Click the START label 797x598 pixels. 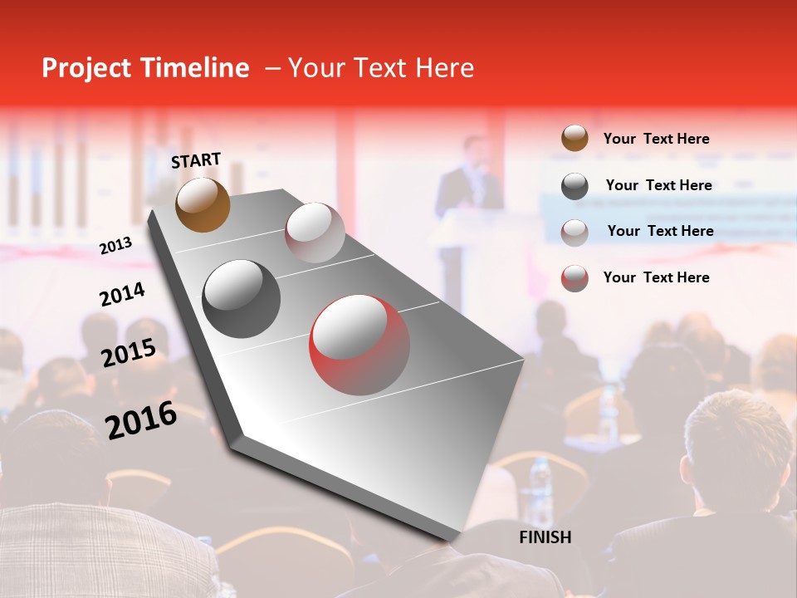tap(196, 160)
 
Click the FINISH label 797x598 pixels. tap(545, 537)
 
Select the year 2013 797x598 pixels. tap(115, 245)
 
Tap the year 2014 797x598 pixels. tap(122, 295)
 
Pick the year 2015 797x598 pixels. tap(128, 353)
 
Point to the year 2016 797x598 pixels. tap(141, 419)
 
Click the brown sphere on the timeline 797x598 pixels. tap(203, 204)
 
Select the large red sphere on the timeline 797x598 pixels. tap(359, 345)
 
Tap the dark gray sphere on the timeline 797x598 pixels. tap(242, 299)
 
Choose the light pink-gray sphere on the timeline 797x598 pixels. tap(315, 233)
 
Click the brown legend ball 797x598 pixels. tap(575, 139)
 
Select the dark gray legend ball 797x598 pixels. tap(575, 186)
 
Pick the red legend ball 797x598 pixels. tap(575, 278)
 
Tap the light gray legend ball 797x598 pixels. tap(575, 232)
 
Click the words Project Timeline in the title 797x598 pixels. tap(145, 68)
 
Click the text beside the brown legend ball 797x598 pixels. tap(656, 139)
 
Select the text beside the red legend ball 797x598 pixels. tap(656, 277)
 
